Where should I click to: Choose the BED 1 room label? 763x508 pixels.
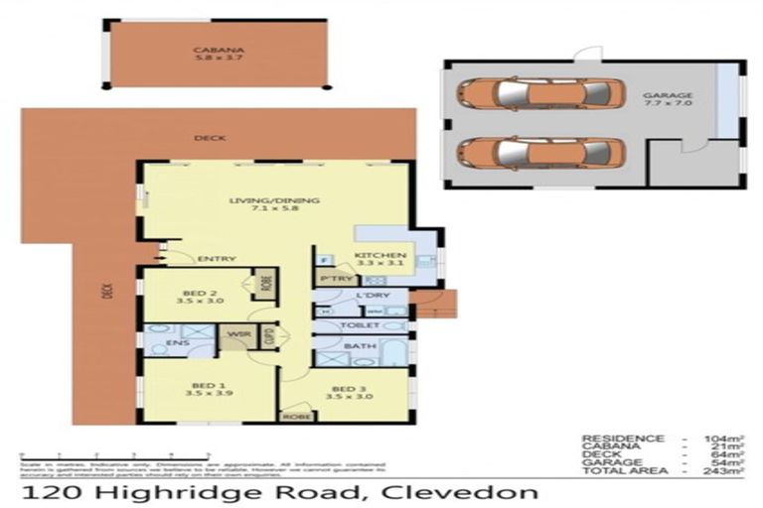(x=198, y=388)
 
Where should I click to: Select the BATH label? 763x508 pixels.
(x=356, y=347)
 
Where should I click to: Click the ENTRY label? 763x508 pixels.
(x=218, y=259)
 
